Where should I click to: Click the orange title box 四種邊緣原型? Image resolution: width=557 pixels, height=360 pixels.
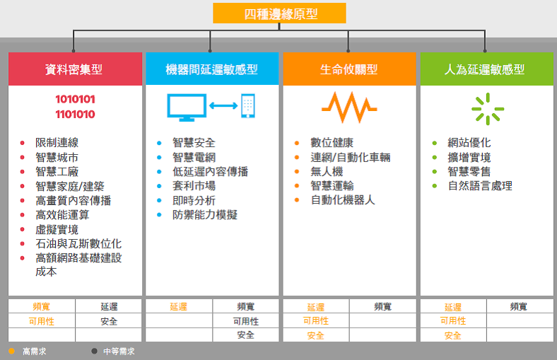coord(279,13)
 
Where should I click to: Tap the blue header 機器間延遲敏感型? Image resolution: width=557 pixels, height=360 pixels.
coord(212,69)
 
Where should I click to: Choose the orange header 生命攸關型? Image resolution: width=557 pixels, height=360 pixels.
coord(349,69)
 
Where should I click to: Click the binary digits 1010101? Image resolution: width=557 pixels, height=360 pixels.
coord(76,99)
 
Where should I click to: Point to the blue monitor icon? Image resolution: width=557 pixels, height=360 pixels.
coord(187,108)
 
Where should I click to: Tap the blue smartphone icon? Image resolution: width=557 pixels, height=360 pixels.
coord(248,105)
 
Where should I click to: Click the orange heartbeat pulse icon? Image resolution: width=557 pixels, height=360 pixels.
coord(349,108)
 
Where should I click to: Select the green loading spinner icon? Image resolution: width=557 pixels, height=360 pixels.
coord(488,109)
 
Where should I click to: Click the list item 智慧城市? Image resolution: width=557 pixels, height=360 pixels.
coord(57,157)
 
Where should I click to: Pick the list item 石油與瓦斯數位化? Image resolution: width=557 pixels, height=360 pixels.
coord(78,243)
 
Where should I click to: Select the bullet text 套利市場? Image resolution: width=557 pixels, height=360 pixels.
coord(194,185)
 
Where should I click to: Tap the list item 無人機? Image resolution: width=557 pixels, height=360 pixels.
coord(327,171)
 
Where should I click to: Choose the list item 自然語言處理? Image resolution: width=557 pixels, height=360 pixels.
coord(480,185)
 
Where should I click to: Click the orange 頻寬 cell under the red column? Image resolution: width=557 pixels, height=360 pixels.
coord(42,306)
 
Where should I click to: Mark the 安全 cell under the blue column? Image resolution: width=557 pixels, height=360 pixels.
coord(245,335)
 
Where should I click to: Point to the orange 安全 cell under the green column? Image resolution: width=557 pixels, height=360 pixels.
coord(453,335)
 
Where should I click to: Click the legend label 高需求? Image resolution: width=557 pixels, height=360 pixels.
coord(35,352)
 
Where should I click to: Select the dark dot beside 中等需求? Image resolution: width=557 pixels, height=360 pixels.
coord(94,351)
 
